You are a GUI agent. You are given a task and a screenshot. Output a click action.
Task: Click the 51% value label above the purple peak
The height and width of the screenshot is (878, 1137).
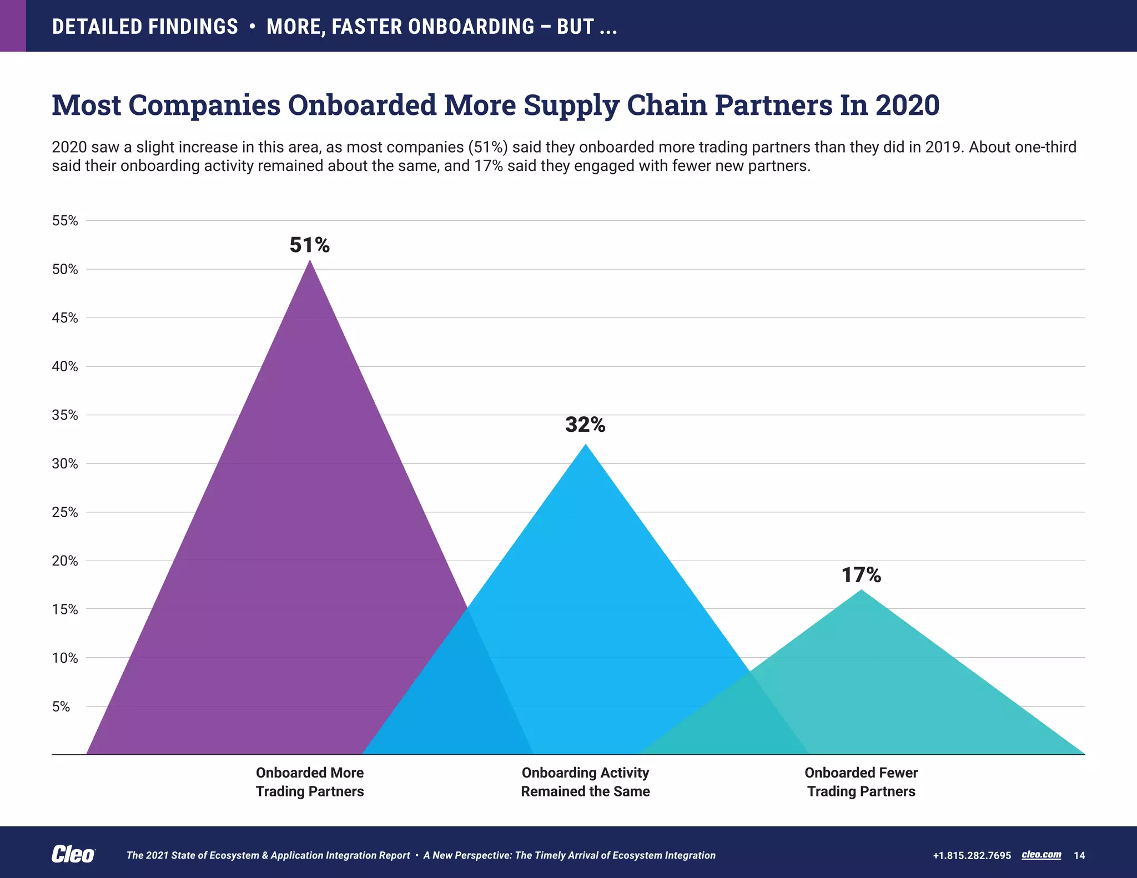point(309,245)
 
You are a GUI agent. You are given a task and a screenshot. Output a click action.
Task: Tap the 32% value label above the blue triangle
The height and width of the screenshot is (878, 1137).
point(585,425)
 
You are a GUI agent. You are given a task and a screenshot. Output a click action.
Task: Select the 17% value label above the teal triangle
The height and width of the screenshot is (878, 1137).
point(861,575)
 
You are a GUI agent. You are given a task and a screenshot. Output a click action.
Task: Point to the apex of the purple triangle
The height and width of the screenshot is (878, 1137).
point(310,261)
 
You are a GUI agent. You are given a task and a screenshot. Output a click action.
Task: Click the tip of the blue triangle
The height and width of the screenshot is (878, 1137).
point(586,446)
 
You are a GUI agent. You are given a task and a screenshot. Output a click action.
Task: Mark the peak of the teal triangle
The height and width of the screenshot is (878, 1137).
point(861,591)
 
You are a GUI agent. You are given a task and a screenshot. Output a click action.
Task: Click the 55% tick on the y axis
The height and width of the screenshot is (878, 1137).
point(65,221)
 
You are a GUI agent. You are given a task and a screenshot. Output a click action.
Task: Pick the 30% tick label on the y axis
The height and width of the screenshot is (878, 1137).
point(65,464)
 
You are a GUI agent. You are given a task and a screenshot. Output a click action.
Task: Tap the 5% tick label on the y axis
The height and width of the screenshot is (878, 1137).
point(61,707)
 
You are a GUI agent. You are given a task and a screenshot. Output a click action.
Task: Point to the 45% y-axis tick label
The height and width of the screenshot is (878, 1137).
point(65,318)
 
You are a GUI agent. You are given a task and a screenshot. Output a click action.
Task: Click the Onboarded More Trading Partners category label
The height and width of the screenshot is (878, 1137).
point(310,781)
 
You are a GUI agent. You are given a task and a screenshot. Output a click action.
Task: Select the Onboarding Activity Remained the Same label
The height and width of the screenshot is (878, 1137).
point(585,781)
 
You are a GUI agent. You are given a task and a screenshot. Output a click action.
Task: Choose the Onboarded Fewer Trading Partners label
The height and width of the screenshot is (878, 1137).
point(861,781)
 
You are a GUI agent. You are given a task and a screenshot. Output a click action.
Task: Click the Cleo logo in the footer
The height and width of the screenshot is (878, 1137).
point(73,855)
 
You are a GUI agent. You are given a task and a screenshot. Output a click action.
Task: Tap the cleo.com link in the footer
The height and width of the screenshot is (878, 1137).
point(1041,855)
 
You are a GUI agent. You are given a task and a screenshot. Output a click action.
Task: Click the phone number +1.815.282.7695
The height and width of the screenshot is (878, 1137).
point(972,855)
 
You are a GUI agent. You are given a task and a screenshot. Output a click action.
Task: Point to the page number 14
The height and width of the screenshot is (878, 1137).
point(1079,855)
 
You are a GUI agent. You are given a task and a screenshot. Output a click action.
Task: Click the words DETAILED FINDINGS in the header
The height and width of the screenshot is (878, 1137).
point(145,27)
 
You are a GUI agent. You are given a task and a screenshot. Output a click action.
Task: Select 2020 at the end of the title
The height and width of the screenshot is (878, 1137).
point(907,105)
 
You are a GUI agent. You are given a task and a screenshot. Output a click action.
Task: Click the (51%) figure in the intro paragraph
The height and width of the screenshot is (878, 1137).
point(488,147)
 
